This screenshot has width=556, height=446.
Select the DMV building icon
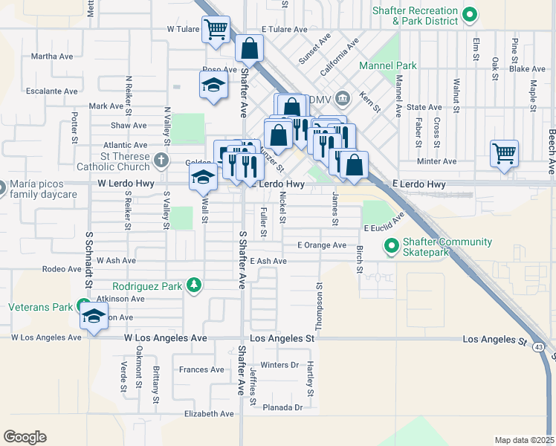(x=343, y=97)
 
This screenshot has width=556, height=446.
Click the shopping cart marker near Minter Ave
(x=504, y=155)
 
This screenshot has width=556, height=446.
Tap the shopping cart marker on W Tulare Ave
(x=216, y=30)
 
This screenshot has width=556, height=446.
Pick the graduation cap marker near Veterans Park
(x=94, y=317)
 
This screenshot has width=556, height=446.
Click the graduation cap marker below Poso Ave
(x=213, y=85)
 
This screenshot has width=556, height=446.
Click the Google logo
(x=25, y=436)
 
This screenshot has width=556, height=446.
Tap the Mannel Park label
(x=387, y=65)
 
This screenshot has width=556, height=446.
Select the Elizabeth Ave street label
(x=189, y=414)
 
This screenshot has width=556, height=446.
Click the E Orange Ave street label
(x=321, y=245)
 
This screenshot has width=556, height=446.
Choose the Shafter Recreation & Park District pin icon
(x=469, y=13)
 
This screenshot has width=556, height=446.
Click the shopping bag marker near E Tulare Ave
(x=250, y=49)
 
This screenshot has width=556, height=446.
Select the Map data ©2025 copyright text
(x=524, y=440)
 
